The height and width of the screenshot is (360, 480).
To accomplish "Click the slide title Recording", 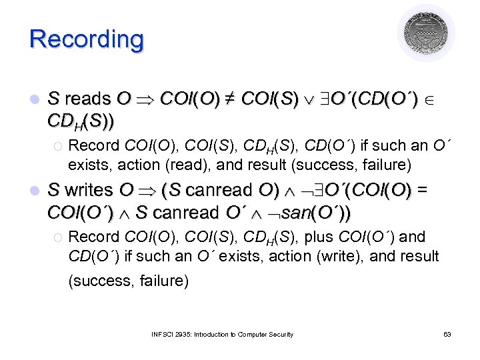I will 87,39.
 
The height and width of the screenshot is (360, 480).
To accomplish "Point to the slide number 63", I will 447,334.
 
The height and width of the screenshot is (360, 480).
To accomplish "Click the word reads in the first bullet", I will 87,99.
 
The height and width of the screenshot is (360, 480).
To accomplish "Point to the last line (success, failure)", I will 129,281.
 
